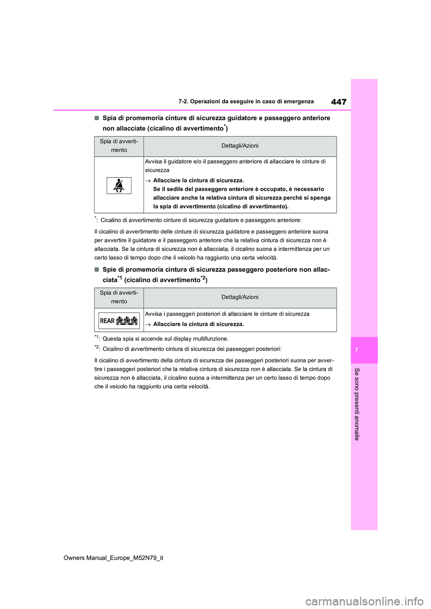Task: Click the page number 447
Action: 339,102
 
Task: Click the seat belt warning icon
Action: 119,185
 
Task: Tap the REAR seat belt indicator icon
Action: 119,321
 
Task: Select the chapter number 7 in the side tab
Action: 356,350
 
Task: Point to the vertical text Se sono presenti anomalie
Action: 357,404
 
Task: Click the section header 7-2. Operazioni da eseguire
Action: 246,102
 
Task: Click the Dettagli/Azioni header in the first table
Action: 240,146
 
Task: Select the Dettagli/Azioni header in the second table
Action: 240,297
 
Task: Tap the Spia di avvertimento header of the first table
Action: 119,146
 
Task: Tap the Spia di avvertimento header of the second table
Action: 119,297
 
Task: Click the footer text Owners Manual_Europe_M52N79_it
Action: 114,558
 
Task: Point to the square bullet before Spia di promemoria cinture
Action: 97,118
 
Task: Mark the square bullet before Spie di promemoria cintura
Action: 97,270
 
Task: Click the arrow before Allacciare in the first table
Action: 148,181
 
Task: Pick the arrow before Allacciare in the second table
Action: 148,324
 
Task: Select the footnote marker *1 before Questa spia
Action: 97,337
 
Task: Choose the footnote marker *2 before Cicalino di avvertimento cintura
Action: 97,348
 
